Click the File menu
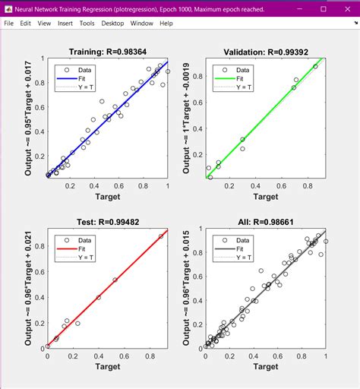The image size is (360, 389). click(9, 24)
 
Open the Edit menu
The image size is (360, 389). click(27, 24)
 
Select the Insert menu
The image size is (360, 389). click(65, 24)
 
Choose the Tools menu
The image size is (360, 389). click(87, 24)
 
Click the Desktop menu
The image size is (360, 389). click(112, 24)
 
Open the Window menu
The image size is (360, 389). click(141, 24)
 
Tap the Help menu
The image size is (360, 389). click(166, 24)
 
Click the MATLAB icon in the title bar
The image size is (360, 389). click(8, 8)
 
